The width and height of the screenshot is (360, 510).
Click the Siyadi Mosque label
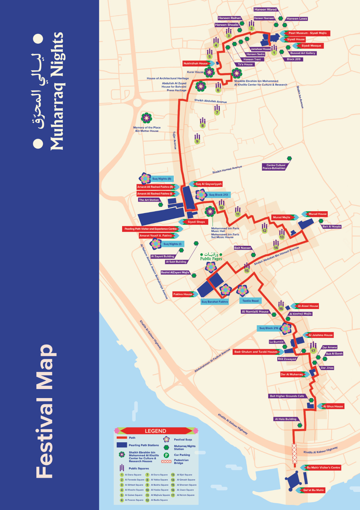coord(311,46)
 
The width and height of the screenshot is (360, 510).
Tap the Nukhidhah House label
coord(195,63)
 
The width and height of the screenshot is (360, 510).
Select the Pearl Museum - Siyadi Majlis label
coord(307,33)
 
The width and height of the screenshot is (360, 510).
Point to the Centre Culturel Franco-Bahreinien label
coord(274,167)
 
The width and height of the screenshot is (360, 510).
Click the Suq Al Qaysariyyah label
coord(208,184)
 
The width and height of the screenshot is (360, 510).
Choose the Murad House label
coord(317,214)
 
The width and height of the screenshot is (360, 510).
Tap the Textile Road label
coord(250,301)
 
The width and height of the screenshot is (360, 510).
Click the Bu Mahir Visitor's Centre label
coord(323,468)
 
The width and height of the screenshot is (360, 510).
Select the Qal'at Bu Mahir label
coord(313,490)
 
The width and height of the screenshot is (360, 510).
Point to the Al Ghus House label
coord(333,406)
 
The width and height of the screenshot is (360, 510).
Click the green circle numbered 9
coord(197,141)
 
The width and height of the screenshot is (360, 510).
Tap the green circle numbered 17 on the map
coord(313,351)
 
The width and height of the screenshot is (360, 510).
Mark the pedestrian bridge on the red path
coord(294,453)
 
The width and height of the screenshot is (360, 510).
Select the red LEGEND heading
coord(155,431)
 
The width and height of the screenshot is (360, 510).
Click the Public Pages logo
coord(211,257)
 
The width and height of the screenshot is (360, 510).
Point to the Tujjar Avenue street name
coord(175,140)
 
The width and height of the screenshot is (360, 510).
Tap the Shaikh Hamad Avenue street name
coord(227,169)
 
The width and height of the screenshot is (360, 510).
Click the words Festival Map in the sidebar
coord(45,411)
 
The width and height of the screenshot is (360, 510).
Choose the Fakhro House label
coord(183,294)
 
